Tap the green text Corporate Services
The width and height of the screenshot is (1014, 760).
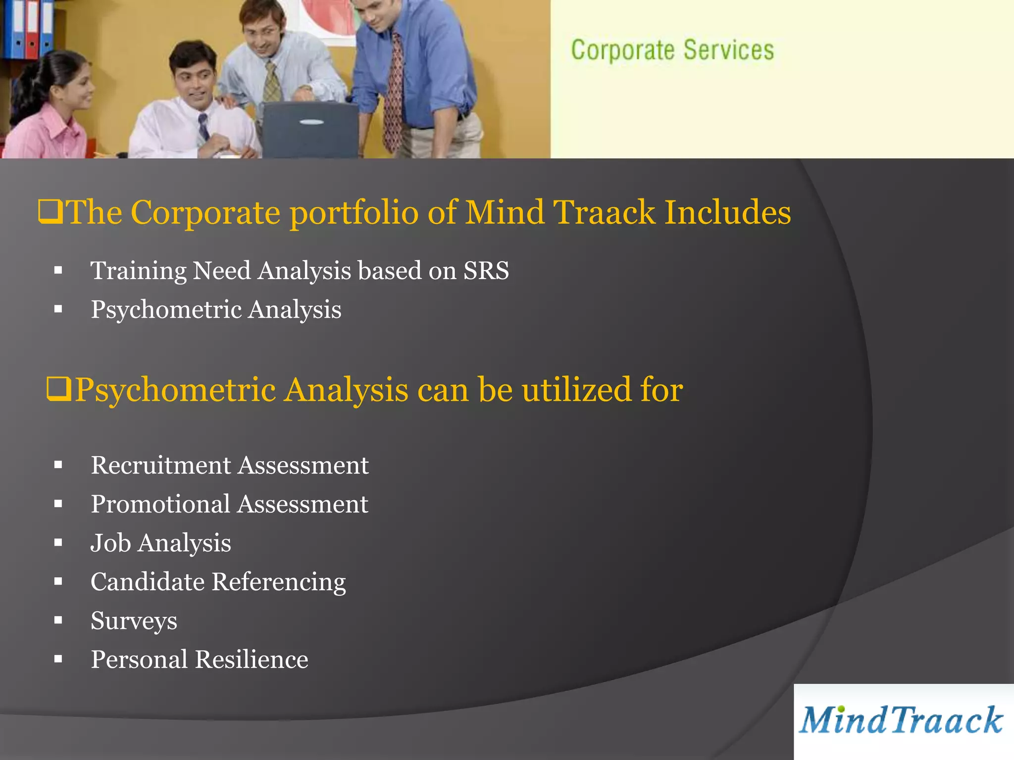coord(672,50)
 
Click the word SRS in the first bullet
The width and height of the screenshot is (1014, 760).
coord(486,271)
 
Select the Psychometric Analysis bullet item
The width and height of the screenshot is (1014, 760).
coord(216,310)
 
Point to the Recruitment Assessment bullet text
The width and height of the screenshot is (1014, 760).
coord(229,465)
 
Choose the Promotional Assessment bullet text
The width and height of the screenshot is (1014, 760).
coord(229,504)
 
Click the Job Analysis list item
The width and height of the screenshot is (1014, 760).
coord(160,543)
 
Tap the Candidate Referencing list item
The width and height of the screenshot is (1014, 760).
coord(218,582)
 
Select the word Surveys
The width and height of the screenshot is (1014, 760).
coord(134,620)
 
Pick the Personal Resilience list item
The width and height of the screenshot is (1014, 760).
coord(199,660)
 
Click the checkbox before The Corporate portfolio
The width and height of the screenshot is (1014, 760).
coord(51,212)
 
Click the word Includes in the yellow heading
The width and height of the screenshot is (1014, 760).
coord(727,212)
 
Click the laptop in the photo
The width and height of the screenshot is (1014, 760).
coord(310,130)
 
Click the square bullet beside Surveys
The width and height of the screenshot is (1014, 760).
coord(58,620)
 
